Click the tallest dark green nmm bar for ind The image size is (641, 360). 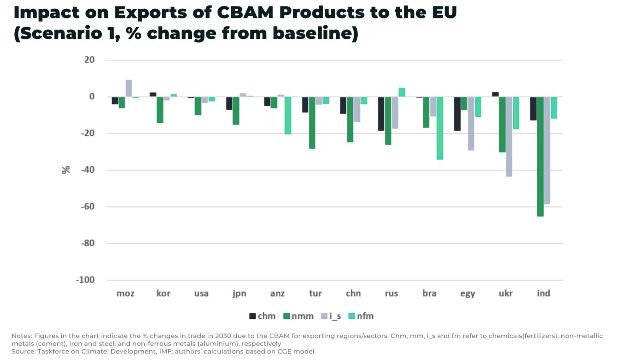(x=540, y=156)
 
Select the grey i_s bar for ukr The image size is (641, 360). (x=509, y=136)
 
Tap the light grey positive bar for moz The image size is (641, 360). (x=129, y=88)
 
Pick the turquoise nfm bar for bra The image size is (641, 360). (x=440, y=128)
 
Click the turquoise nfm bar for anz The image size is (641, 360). (x=288, y=115)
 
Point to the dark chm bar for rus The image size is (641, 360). (x=381, y=114)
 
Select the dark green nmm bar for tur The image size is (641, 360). (x=312, y=123)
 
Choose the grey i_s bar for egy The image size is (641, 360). (x=471, y=123)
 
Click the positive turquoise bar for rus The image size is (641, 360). (x=402, y=93)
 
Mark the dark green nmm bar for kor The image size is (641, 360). (x=160, y=110)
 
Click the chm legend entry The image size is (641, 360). (x=262, y=316)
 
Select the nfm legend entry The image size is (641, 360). (x=361, y=316)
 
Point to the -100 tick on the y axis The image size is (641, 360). (x=85, y=280)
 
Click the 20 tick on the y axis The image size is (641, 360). (x=89, y=60)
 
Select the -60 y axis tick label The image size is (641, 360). (x=88, y=207)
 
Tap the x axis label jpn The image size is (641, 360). (x=239, y=294)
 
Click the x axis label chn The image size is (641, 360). (x=353, y=294)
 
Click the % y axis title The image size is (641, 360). (x=66, y=170)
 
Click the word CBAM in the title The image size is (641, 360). (x=245, y=12)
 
